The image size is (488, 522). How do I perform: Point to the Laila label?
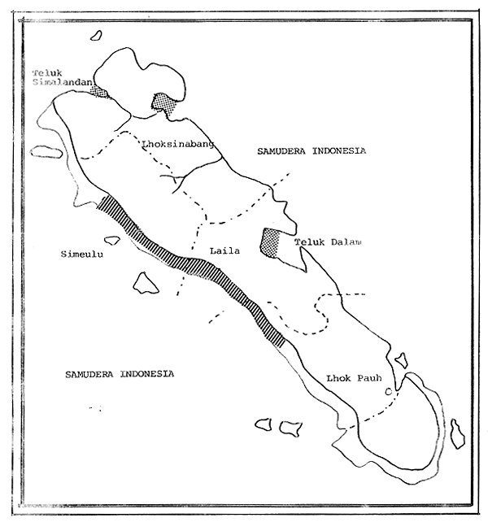coord(224,251)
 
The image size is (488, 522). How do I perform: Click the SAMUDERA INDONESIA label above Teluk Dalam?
coord(311,151)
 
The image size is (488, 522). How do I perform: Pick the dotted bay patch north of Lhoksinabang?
coord(164,103)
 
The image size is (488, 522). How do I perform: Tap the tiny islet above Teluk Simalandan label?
coord(97,35)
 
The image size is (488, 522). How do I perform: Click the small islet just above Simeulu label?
coord(112,240)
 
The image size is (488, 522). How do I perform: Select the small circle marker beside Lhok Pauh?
coord(389,392)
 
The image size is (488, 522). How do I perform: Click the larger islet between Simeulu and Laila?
coord(146,282)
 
